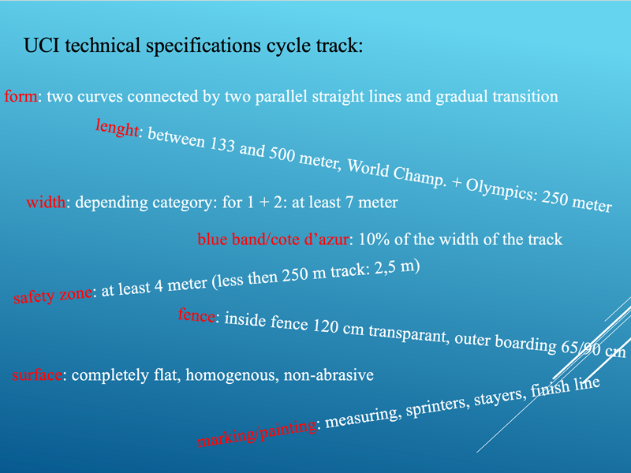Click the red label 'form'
(x=21, y=96)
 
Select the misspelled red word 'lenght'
(x=117, y=128)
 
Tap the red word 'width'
(x=46, y=202)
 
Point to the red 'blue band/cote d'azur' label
(x=273, y=240)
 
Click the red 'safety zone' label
(x=53, y=295)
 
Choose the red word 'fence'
(x=196, y=315)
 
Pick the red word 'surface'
(x=37, y=375)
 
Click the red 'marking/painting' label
(x=257, y=433)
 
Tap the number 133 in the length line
(x=222, y=144)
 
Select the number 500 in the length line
(x=282, y=154)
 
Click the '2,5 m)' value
(x=398, y=267)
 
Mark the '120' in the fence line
(x=326, y=326)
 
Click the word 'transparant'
(x=409, y=334)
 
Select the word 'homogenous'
(x=230, y=375)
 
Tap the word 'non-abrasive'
(x=329, y=375)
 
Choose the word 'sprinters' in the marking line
(x=438, y=406)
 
